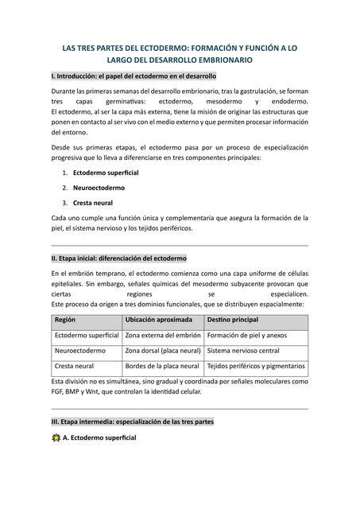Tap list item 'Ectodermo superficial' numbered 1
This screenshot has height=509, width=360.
tap(106, 173)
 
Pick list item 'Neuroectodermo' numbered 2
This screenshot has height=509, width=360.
tap(99, 188)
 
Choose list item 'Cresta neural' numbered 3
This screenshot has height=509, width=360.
tap(93, 203)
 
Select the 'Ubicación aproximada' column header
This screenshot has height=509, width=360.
tap(158, 319)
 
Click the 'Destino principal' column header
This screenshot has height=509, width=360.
tap(234, 319)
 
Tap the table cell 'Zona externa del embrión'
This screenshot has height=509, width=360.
tap(162, 335)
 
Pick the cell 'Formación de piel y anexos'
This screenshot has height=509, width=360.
tap(247, 335)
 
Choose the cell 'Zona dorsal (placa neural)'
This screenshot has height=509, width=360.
tap(162, 351)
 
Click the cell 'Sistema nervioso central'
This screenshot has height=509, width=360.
tap(243, 351)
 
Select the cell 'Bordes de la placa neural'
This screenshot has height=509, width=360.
tap(162, 366)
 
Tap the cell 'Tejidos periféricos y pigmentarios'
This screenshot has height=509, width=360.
tap(255, 366)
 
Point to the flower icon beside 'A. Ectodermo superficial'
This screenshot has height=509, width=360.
tap(55, 438)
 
